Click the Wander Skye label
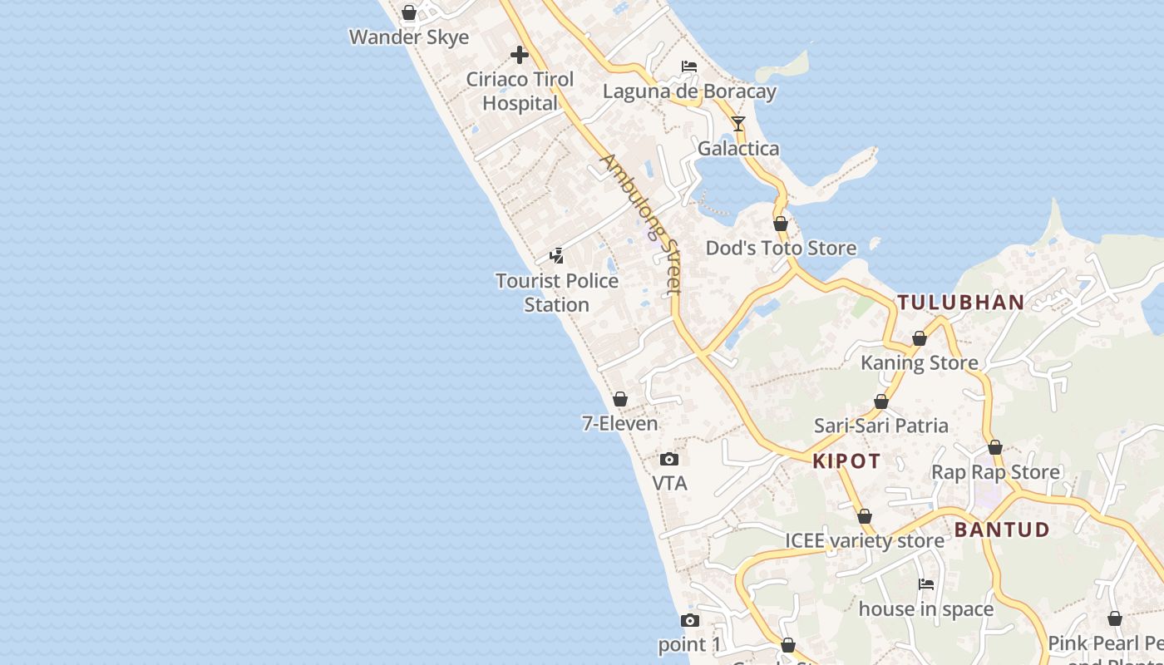[x=409, y=37]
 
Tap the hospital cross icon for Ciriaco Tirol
[x=520, y=56]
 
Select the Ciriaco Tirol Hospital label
[x=520, y=91]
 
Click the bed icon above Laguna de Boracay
[x=689, y=66]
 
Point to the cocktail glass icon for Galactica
[x=738, y=124]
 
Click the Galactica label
[x=738, y=149]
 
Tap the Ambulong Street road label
[x=642, y=223]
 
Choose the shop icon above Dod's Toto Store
[x=781, y=224]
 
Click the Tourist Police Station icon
[x=557, y=256]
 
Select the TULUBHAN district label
[x=960, y=303]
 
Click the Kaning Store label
[x=920, y=363]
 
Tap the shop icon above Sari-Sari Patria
[x=881, y=402]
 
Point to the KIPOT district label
[x=846, y=462]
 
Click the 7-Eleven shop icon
[x=620, y=399]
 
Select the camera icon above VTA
[x=669, y=459]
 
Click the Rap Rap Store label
[x=995, y=472]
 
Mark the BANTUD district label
[x=1002, y=530]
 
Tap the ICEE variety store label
[x=865, y=541]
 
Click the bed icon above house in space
[x=926, y=584]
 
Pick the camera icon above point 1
[x=690, y=620]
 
